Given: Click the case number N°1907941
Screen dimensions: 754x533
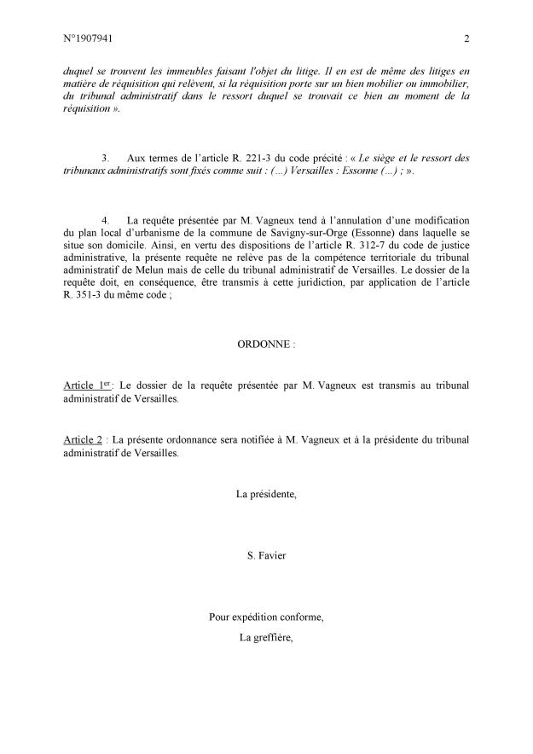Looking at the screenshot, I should click(88, 38).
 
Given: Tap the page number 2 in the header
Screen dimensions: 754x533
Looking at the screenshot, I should click(467, 38).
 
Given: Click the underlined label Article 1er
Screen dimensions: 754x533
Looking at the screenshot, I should click(88, 386).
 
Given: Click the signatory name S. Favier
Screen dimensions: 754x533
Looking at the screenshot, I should click(266, 556).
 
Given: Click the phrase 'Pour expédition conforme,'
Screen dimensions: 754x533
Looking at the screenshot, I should click(266, 616).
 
